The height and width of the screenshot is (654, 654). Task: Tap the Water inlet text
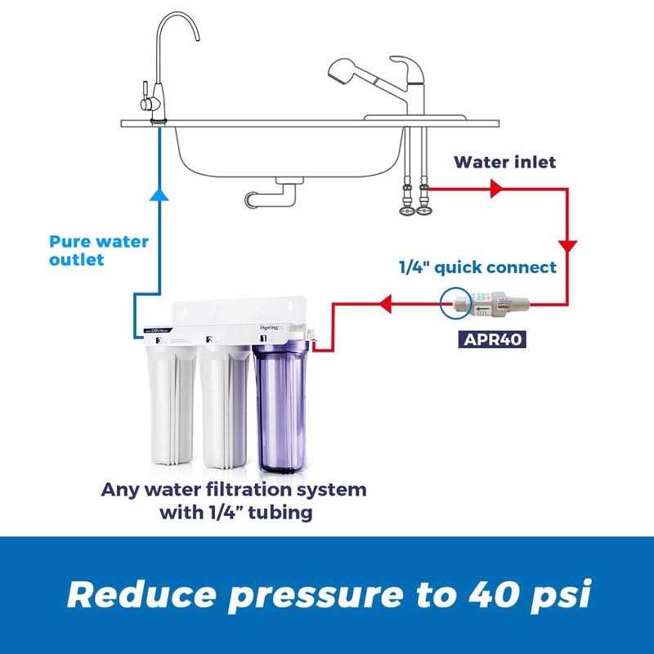pos(505,162)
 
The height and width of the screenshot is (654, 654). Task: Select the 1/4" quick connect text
pos(478,267)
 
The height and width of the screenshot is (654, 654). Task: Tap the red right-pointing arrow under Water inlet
pos(495,190)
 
